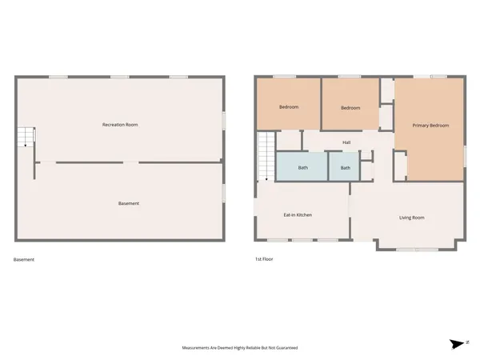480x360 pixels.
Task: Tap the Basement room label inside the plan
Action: click(129, 203)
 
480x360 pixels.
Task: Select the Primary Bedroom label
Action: click(430, 126)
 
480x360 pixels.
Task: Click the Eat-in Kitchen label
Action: click(298, 215)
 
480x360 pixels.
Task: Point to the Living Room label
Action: click(411, 218)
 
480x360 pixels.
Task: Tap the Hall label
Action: click(346, 143)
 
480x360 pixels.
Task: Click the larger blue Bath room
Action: click(302, 168)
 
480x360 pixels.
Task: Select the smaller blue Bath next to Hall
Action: click(345, 168)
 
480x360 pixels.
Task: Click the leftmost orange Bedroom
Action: click(288, 107)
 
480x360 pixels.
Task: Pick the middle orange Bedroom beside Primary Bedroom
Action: click(350, 108)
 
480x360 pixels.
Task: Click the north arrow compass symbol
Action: click(458, 343)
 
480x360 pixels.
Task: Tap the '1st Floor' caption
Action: click(264, 260)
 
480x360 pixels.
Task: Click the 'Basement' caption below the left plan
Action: click(24, 260)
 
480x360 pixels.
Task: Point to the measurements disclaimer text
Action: click(240, 349)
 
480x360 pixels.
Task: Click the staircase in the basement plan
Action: click(27, 138)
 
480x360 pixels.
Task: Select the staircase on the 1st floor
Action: click(266, 157)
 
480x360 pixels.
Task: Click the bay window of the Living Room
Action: click(418, 246)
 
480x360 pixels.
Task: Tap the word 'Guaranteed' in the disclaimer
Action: click(286, 349)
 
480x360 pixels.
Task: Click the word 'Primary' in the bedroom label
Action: click(421, 126)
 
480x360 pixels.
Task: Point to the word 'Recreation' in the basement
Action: click(114, 125)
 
